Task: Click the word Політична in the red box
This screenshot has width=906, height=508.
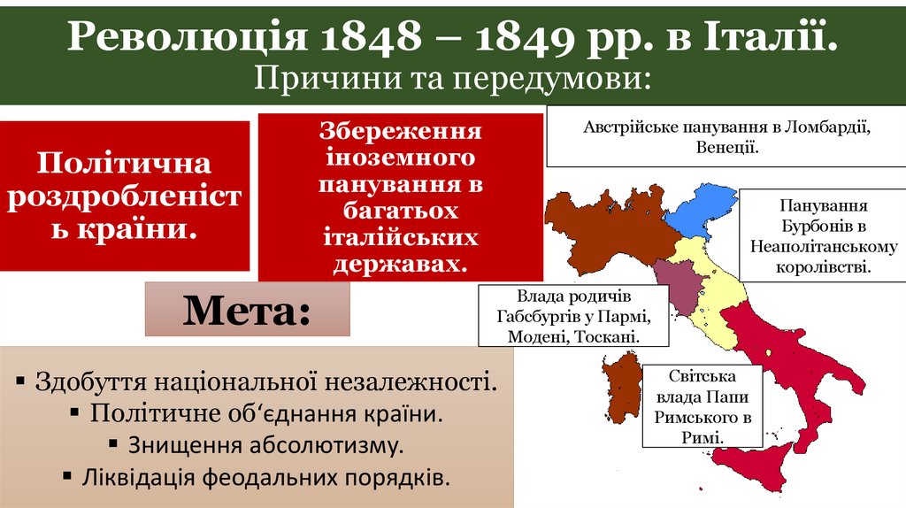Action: [x=124, y=164]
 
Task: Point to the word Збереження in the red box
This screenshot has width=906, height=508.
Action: [x=400, y=133]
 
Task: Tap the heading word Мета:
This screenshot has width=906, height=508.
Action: [x=247, y=311]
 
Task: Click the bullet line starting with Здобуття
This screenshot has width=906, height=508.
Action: [x=256, y=381]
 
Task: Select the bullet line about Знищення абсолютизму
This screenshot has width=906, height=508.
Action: [x=256, y=443]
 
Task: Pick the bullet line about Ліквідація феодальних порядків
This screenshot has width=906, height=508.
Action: [x=256, y=477]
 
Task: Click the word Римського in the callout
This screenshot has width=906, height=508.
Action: [x=696, y=417]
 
